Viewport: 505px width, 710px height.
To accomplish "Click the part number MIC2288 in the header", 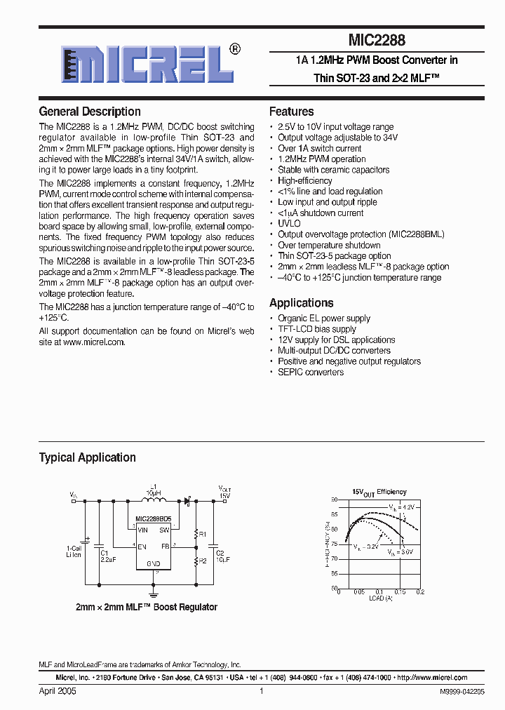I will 377,41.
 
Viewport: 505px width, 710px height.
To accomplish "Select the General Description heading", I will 90,112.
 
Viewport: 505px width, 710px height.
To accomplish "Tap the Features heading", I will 292,112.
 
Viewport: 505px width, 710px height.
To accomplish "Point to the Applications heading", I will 302,303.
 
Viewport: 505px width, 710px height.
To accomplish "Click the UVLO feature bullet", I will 289,224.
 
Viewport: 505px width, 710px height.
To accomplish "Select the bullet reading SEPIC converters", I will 311,372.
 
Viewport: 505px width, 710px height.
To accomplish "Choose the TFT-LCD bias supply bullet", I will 317,329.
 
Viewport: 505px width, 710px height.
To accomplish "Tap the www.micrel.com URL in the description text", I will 93,342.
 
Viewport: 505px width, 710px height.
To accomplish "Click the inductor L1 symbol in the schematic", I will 151,500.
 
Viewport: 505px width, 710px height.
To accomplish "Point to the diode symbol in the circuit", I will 187,501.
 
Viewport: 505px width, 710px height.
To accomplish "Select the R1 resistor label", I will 203,534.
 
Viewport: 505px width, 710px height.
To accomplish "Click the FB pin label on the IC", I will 166,546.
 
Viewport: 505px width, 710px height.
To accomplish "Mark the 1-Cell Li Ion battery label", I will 74,551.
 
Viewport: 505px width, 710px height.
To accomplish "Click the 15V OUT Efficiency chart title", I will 379,493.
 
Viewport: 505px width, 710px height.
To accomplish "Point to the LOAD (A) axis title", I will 380,598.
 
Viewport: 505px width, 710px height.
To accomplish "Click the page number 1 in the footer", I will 261,691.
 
